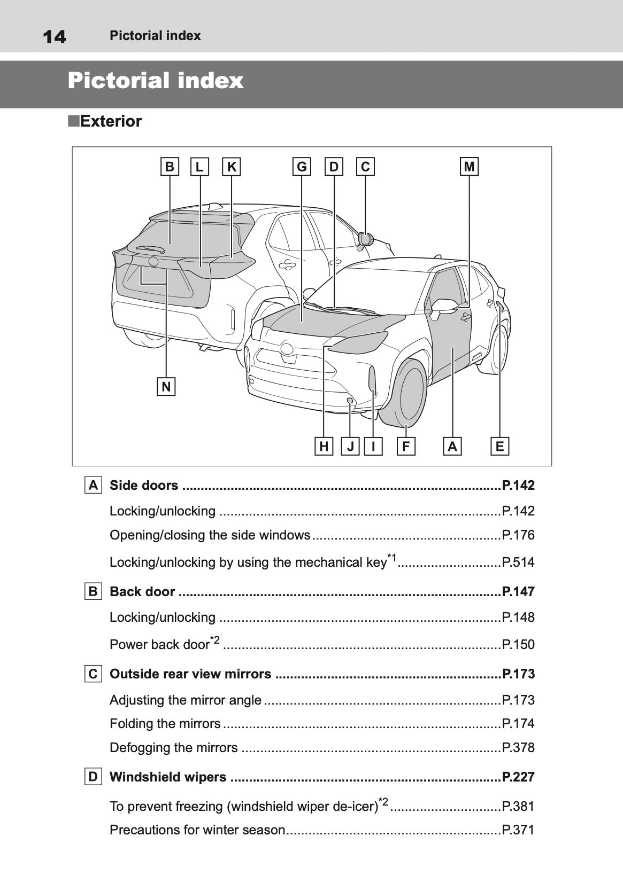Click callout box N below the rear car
click(x=166, y=386)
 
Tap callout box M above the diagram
click(x=469, y=167)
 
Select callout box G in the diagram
click(x=302, y=167)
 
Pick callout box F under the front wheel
click(x=406, y=446)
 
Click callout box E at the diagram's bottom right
click(x=499, y=446)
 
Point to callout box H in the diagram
click(x=324, y=446)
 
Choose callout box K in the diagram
click(x=232, y=167)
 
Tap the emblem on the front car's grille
click(x=287, y=349)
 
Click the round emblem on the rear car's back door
click(x=153, y=262)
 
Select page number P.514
click(x=518, y=562)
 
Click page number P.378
click(x=518, y=748)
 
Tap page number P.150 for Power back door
click(x=518, y=645)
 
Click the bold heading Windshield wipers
click(x=168, y=777)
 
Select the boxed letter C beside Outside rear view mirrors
click(x=93, y=674)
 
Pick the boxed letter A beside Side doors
click(x=93, y=486)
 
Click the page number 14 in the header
click(x=54, y=36)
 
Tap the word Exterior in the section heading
click(x=111, y=121)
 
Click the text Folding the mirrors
click(x=165, y=724)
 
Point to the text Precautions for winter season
click(x=197, y=830)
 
